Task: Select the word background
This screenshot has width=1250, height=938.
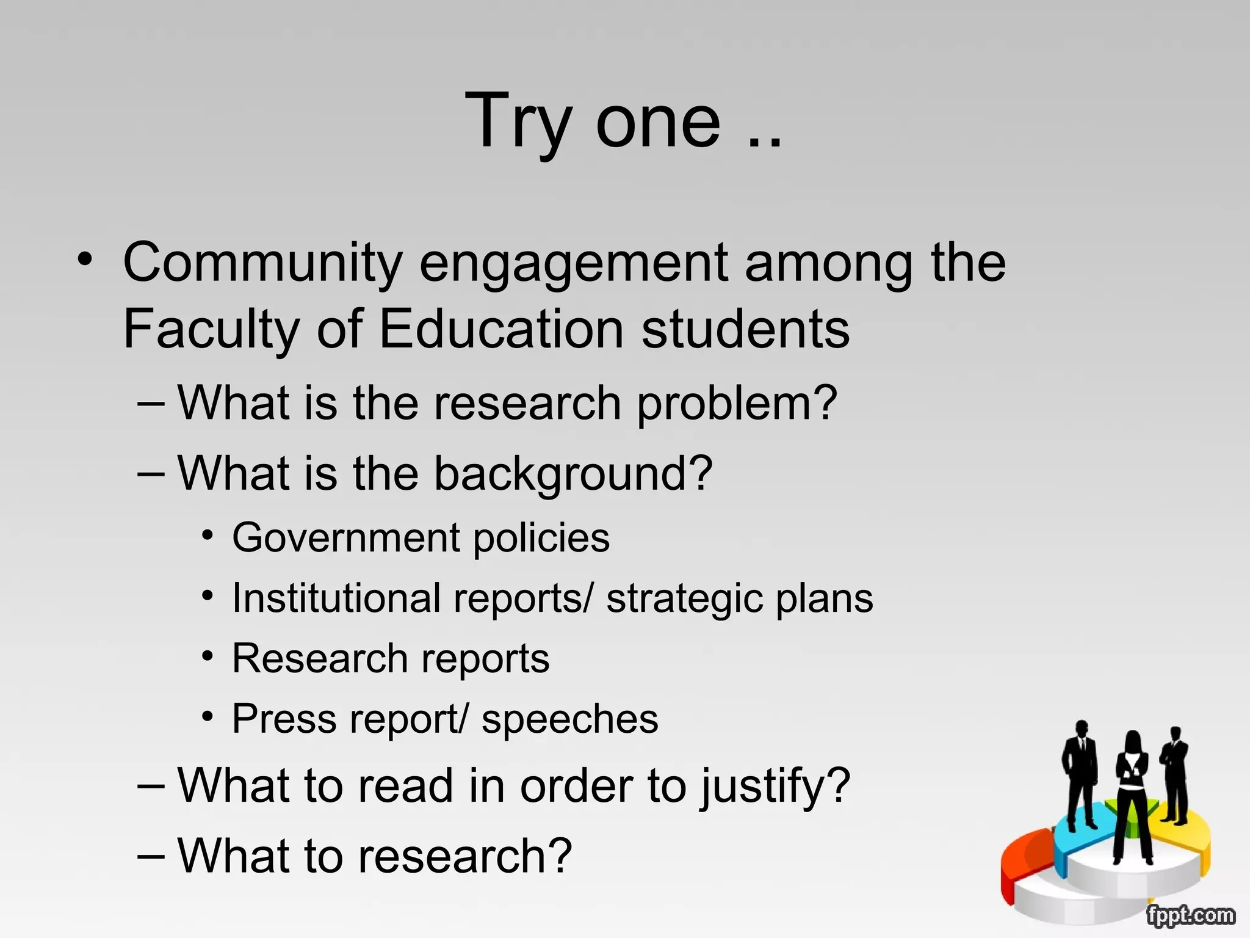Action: (x=573, y=474)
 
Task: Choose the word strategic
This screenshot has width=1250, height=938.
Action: (x=684, y=598)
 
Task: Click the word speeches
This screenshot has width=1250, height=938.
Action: (x=569, y=719)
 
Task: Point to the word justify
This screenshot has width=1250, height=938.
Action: (x=774, y=787)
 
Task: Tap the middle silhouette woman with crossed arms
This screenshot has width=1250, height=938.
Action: (x=1132, y=794)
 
